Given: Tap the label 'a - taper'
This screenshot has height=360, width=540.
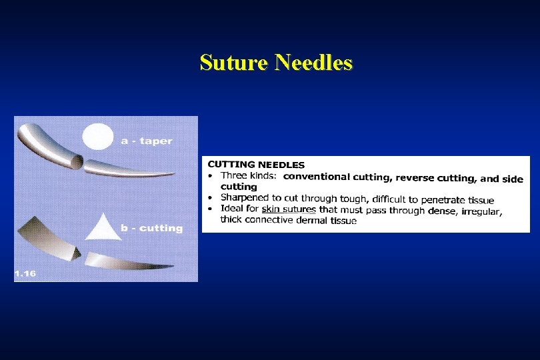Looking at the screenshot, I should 146,141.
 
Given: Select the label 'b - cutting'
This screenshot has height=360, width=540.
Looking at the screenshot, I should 151,228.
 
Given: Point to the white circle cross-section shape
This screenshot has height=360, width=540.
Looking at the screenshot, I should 97,137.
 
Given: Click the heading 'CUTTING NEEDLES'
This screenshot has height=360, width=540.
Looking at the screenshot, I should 257,165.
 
